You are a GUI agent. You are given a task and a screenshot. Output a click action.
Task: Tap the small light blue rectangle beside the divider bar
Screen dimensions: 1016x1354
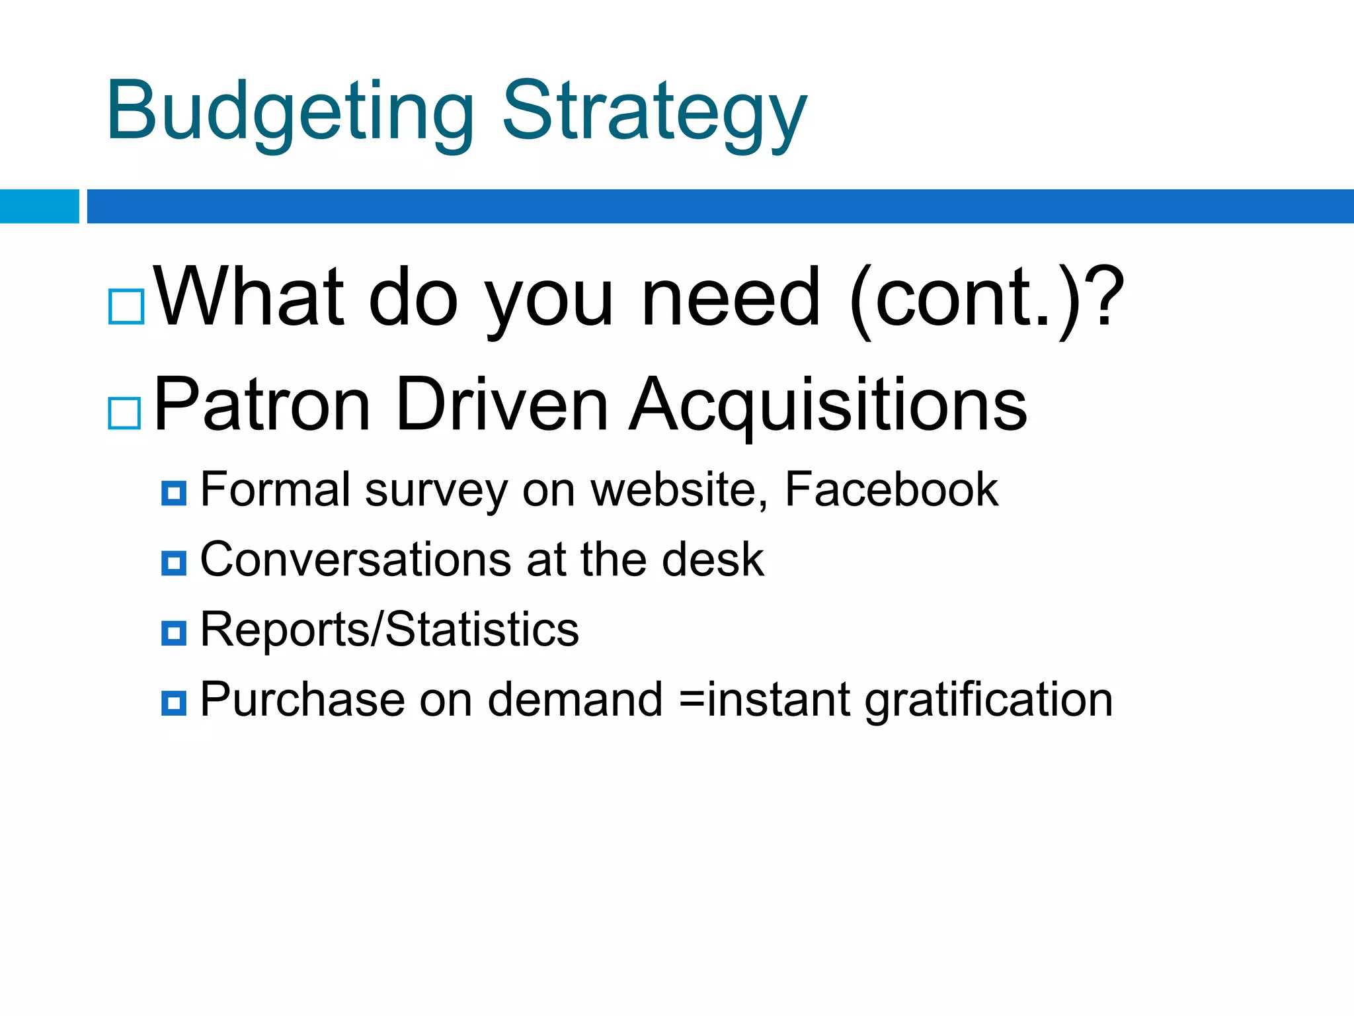coord(39,206)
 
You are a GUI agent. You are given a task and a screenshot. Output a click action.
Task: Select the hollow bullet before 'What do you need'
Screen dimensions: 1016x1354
coord(126,306)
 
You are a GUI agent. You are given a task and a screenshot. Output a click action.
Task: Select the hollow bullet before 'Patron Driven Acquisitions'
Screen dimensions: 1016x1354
coord(125,413)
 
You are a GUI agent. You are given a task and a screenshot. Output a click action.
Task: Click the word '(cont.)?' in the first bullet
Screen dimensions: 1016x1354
coord(985,298)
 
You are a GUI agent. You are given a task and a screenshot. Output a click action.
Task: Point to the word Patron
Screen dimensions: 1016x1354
coord(261,405)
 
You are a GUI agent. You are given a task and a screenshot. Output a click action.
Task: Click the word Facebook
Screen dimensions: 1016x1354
coord(891,490)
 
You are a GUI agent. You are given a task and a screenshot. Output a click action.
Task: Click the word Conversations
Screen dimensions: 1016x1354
coord(355,560)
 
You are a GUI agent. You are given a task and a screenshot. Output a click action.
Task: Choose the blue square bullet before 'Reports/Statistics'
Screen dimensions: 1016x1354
coord(174,633)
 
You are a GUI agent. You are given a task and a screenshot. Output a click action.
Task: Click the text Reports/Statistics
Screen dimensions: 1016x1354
coord(389,630)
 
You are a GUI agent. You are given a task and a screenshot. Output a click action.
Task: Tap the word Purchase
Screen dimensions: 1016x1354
coord(302,700)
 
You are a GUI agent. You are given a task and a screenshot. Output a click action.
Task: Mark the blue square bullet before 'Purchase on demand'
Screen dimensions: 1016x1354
coord(174,703)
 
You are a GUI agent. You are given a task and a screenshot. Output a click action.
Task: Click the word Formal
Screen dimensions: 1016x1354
coord(275,490)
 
